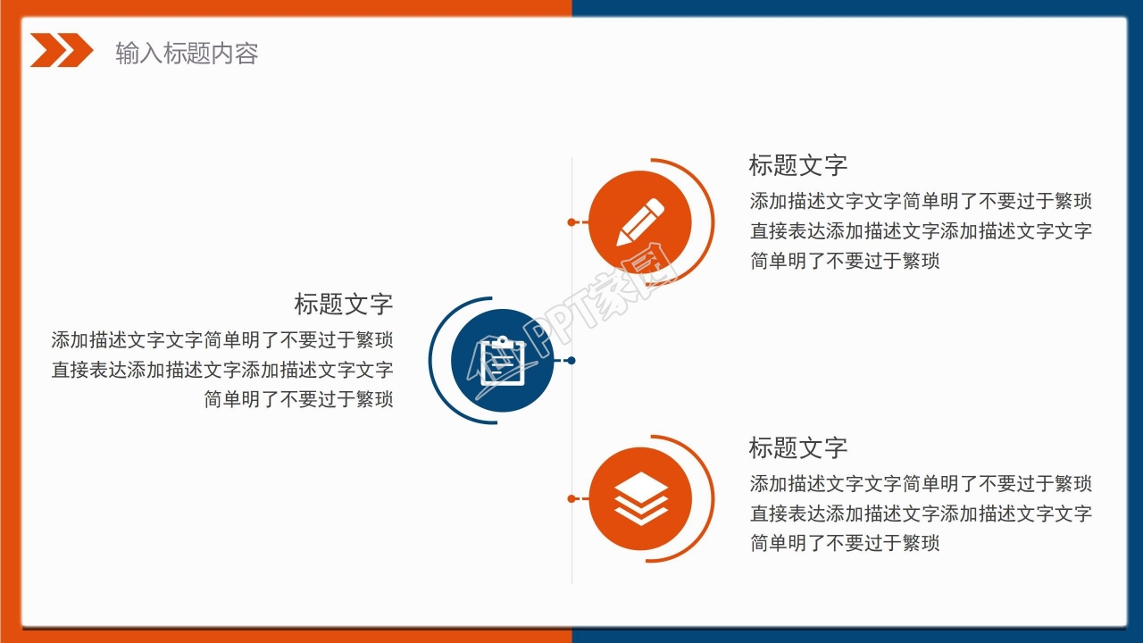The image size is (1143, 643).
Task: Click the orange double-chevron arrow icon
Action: pyautogui.click(x=61, y=51)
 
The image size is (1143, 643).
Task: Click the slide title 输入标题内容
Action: pyautogui.click(x=187, y=54)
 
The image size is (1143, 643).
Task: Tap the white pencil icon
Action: pyautogui.click(x=641, y=221)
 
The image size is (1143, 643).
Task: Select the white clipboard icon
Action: pyautogui.click(x=503, y=360)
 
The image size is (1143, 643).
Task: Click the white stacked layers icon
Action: pyautogui.click(x=641, y=498)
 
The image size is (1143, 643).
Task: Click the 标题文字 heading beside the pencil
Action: pyautogui.click(x=797, y=165)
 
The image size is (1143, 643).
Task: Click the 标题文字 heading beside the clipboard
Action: pyautogui.click(x=344, y=304)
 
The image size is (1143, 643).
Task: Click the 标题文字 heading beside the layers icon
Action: pyautogui.click(x=797, y=447)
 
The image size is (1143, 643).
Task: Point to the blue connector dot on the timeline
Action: pyautogui.click(x=571, y=361)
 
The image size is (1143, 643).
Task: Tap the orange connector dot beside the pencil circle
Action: pyautogui.click(x=571, y=221)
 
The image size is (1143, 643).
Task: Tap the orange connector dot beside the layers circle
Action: pyautogui.click(x=571, y=498)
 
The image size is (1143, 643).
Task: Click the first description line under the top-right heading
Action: pyautogui.click(x=921, y=201)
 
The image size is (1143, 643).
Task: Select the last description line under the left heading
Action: pyautogui.click(x=298, y=399)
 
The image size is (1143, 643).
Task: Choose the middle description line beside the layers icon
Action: pyautogui.click(x=921, y=514)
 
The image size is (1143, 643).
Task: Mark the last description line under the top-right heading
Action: pyautogui.click(x=845, y=261)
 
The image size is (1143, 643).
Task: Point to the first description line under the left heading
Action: pyautogui.click(x=222, y=340)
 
